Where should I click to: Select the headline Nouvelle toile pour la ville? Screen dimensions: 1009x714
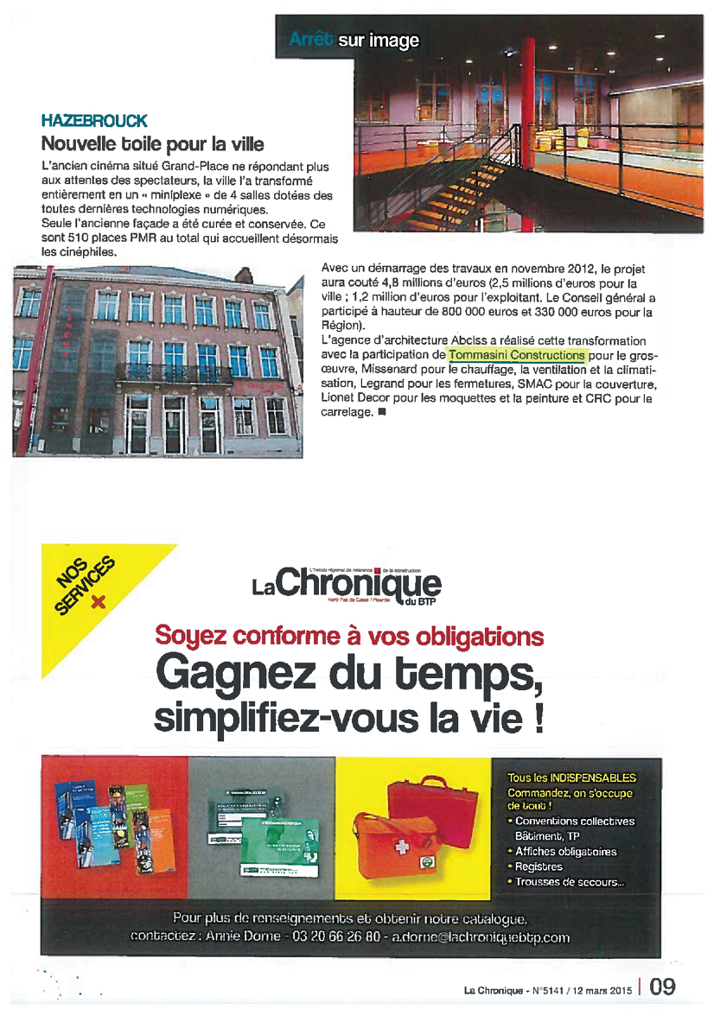click(153, 143)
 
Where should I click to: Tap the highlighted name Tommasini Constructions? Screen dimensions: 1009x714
click(517, 355)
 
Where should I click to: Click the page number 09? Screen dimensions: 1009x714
click(663, 987)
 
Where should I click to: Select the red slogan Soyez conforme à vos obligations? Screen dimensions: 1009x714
click(349, 637)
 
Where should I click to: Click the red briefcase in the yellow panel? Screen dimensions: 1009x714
click(433, 803)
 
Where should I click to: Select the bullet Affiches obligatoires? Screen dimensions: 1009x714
click(566, 852)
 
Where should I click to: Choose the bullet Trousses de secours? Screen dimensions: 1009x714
click(569, 882)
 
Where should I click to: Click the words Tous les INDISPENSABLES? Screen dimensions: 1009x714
click(571, 777)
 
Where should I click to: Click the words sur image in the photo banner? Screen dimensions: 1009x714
click(379, 41)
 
